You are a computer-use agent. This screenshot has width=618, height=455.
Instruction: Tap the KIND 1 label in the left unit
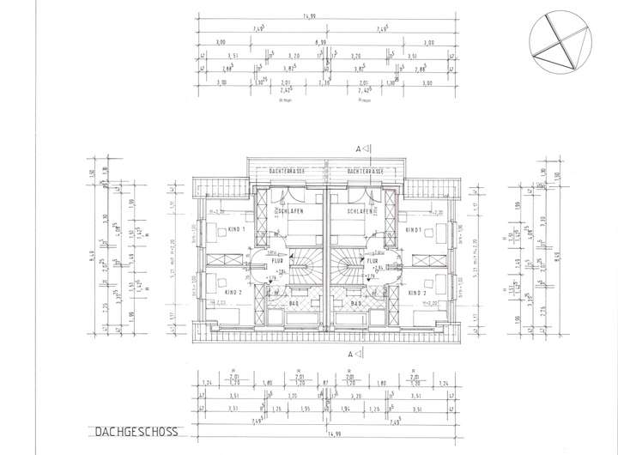(237, 230)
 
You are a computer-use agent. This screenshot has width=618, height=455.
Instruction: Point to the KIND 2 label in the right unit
(418, 293)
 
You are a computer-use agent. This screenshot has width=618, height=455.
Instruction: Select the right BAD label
(356, 302)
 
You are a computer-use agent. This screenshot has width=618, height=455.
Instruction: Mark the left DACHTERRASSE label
(287, 171)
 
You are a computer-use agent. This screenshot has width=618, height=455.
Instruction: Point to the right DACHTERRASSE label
(365, 171)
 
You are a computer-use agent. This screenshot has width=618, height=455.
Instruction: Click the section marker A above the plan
(358, 148)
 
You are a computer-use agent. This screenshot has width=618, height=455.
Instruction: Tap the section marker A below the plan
(358, 353)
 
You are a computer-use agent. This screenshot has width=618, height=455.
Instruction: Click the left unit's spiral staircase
(302, 264)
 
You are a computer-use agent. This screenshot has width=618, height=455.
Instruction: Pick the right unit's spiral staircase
(348, 264)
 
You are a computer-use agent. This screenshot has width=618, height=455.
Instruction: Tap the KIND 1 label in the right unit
(415, 230)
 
